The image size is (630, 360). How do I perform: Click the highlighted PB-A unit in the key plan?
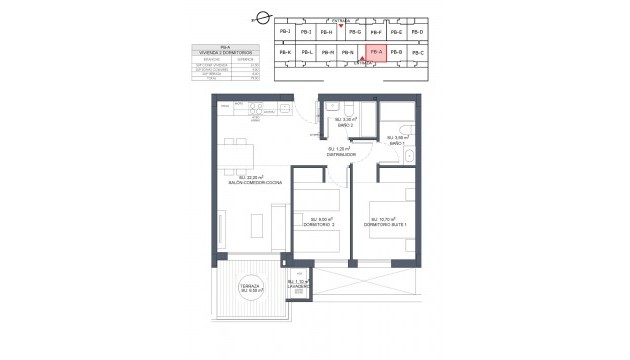[376, 52]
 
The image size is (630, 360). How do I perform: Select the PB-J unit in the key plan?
[285, 32]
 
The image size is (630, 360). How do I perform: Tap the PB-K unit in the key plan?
[285, 52]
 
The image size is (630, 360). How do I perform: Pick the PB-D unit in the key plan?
[418, 32]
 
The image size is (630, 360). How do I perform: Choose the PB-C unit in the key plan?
[418, 52]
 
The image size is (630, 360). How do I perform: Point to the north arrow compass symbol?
[262, 16]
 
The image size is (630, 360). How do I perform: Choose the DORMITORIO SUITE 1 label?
[384, 223]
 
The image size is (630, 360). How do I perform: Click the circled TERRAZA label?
[249, 288]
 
